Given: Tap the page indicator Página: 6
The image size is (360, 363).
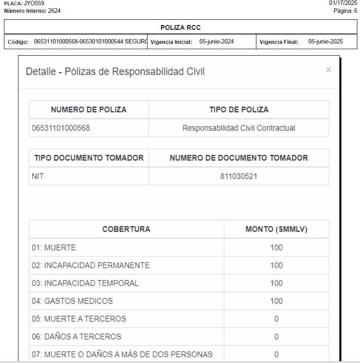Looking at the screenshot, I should (x=345, y=11).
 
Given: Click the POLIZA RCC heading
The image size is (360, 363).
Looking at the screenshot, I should (x=180, y=28).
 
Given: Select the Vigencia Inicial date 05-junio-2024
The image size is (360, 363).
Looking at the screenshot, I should (x=216, y=42).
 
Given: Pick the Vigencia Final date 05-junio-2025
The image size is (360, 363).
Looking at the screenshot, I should (x=325, y=42).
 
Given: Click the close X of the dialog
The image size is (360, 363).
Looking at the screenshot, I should (x=328, y=70).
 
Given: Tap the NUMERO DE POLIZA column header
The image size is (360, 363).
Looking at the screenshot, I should (x=89, y=110).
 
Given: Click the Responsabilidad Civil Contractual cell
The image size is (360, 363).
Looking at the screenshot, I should (x=239, y=128).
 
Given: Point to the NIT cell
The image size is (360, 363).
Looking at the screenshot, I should (x=38, y=176).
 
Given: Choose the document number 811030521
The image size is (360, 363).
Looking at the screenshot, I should (x=239, y=176).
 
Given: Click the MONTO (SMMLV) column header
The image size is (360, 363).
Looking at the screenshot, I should (x=276, y=229).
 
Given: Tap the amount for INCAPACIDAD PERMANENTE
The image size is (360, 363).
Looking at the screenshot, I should (x=276, y=266).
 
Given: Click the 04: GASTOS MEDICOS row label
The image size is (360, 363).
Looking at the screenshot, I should (x=72, y=301).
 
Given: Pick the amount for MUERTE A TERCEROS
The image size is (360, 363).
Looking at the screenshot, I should (x=276, y=319).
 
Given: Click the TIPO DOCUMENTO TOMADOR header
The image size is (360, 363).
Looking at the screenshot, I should (x=89, y=158).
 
